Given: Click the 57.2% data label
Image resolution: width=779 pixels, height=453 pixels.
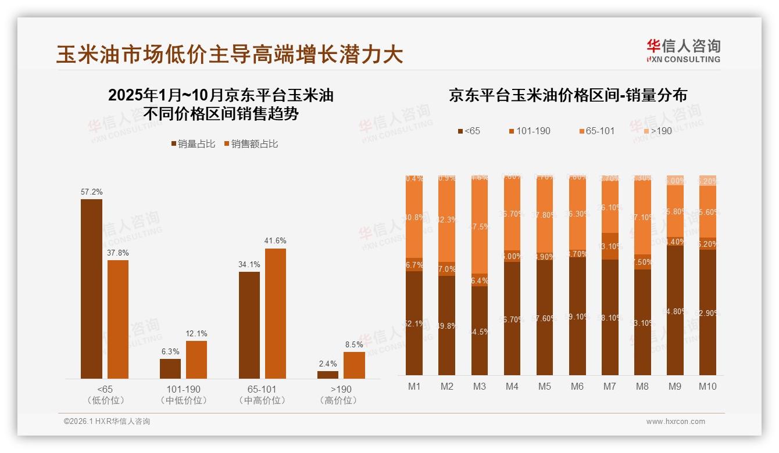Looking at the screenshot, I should [x=91, y=192].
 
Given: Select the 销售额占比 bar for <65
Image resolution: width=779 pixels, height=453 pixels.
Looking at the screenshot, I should [x=118, y=319].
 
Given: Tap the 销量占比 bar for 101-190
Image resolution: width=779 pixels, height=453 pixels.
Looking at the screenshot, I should [x=170, y=368].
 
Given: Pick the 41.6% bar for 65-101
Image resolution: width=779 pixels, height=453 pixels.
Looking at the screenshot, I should [x=276, y=313].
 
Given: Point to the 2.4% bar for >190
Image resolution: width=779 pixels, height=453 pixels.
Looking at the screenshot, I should [x=328, y=375].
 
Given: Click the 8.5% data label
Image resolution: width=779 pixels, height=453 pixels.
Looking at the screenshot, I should [x=354, y=344].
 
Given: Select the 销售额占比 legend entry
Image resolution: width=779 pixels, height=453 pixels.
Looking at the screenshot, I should [x=251, y=144].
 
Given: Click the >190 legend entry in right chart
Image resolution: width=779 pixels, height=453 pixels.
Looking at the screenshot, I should [x=656, y=131].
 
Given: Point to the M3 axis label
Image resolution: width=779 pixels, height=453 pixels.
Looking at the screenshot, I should [x=479, y=386].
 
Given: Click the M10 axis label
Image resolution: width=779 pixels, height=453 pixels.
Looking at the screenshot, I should [x=707, y=386].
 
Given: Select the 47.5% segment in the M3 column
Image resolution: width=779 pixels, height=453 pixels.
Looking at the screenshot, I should [x=480, y=227].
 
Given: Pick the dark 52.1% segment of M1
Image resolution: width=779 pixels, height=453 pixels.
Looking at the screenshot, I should [x=414, y=323].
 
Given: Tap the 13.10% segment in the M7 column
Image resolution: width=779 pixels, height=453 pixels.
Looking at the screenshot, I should [x=610, y=246].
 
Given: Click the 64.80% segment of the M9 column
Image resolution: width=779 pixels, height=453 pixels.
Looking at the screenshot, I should [x=675, y=310].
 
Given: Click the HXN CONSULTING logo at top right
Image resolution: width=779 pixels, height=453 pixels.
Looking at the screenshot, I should [x=683, y=51].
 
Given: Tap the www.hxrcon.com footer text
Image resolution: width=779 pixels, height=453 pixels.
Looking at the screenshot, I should [x=675, y=422].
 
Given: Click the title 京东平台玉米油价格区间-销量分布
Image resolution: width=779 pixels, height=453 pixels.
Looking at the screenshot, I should [x=567, y=96].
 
